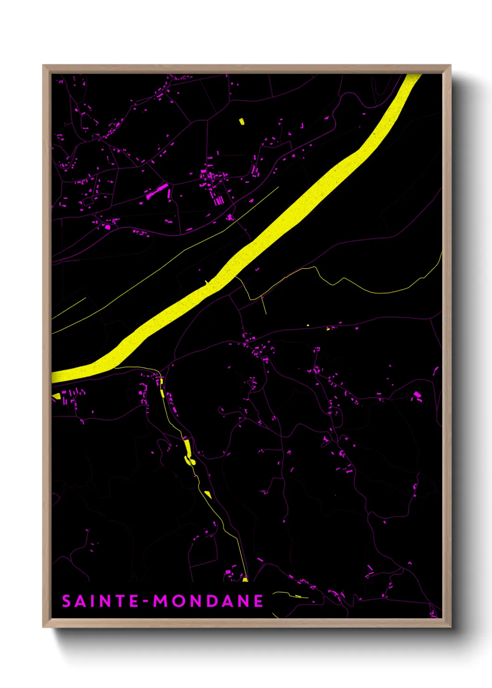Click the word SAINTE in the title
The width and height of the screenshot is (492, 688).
click(x=100, y=601)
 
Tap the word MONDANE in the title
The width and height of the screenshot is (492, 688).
click(x=208, y=601)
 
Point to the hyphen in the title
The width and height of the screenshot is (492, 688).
click(x=146, y=602)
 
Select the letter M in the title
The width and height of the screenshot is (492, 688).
click(x=161, y=601)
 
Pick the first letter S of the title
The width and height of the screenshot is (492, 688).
click(x=66, y=601)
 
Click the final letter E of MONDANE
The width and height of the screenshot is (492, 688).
click(x=258, y=601)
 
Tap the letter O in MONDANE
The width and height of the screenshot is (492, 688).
click(x=178, y=601)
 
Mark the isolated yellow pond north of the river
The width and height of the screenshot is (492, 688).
click(x=242, y=122)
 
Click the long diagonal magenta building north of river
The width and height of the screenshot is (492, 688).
click(x=157, y=191)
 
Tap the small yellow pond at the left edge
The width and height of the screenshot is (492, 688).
click(x=56, y=396)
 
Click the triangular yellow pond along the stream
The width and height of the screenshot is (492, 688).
click(x=208, y=495)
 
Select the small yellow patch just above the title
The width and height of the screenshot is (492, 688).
click(x=245, y=579)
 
